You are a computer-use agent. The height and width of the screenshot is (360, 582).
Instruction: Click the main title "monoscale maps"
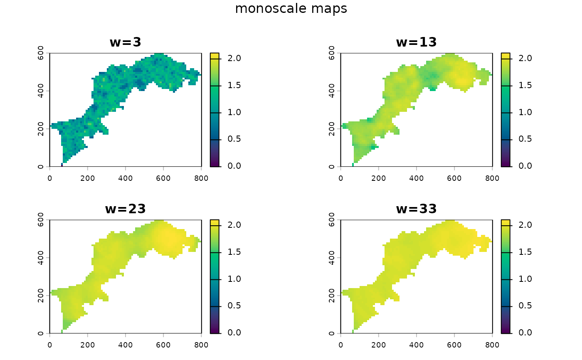click(291, 9)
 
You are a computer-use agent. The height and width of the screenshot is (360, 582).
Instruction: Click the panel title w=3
click(125, 42)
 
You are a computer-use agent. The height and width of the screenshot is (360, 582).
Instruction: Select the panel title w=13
click(416, 42)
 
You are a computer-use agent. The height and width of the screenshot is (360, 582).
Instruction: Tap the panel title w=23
click(125, 208)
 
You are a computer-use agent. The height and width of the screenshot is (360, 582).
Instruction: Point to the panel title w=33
click(416, 208)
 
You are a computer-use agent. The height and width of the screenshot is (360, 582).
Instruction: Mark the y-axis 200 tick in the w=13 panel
click(332, 129)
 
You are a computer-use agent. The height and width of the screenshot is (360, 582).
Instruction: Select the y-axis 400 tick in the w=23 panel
click(41, 257)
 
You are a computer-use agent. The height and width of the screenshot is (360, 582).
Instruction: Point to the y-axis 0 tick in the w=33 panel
click(332, 333)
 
